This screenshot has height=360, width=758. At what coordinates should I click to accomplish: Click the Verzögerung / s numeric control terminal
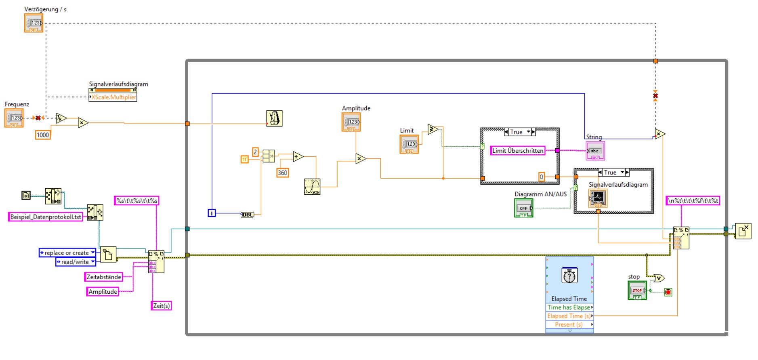pyautogui.click(x=34, y=23)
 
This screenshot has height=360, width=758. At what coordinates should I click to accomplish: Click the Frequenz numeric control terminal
pyautogui.click(x=14, y=118)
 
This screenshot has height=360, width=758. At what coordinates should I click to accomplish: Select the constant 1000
pyautogui.click(x=43, y=135)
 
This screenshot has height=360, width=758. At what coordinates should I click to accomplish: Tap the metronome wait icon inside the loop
pyautogui.click(x=274, y=118)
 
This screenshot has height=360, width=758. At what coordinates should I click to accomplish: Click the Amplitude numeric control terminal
pyautogui.click(x=351, y=122)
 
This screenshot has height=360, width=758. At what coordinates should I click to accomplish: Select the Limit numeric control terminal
pyautogui.click(x=409, y=144)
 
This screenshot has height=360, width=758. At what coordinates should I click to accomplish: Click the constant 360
pyautogui.click(x=282, y=173)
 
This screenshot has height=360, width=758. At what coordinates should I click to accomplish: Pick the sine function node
pyautogui.click(x=312, y=187)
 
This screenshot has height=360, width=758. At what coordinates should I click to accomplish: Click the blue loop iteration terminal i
pyautogui.click(x=212, y=213)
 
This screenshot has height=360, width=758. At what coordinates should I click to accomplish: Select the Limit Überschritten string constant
pyautogui.click(x=518, y=151)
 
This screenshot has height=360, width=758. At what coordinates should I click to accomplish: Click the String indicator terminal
pyautogui.click(x=595, y=151)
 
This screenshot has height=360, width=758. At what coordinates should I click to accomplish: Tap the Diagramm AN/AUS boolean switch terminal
pyautogui.click(x=523, y=208)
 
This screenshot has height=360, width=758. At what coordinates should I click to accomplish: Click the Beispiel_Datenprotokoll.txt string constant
pyautogui.click(x=46, y=217)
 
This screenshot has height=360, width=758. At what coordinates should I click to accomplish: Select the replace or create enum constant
pyautogui.click(x=67, y=253)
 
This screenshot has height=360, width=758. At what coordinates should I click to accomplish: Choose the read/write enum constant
pyautogui.click(x=76, y=262)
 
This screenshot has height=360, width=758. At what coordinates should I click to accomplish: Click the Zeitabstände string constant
pyautogui.click(x=104, y=277)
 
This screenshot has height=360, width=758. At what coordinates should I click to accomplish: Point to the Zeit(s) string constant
pyautogui.click(x=162, y=305)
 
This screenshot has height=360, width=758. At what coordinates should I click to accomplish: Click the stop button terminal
pyautogui.click(x=637, y=290)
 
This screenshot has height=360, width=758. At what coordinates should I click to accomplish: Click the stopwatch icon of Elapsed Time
pyautogui.click(x=569, y=276)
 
